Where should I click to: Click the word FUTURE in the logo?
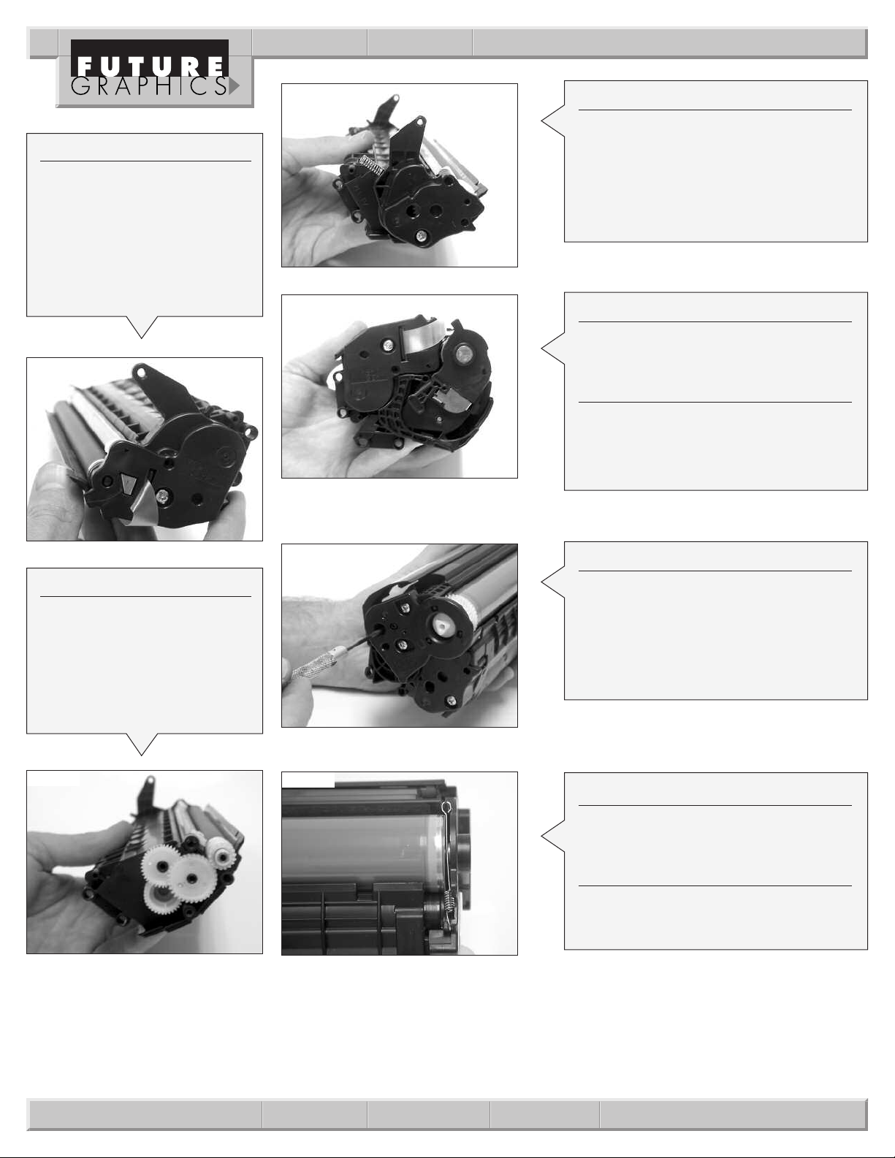(x=151, y=67)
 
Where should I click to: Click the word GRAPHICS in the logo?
(x=149, y=87)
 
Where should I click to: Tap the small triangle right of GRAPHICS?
(x=234, y=87)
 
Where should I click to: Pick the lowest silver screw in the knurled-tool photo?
(x=451, y=700)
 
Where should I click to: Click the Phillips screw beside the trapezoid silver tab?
(x=161, y=497)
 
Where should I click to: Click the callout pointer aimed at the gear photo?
(x=142, y=744)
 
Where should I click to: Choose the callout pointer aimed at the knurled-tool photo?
(x=553, y=582)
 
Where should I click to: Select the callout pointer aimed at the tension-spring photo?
(x=553, y=836)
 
